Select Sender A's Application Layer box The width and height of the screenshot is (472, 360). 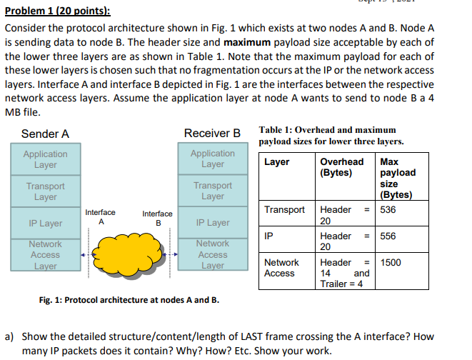click(46, 159)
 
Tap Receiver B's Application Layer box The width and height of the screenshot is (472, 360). click(212, 159)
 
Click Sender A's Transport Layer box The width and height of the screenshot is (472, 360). click(46, 191)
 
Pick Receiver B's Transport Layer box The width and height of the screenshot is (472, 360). click(212, 191)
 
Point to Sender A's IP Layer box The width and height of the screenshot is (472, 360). click(46, 224)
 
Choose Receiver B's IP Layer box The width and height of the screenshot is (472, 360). click(212, 223)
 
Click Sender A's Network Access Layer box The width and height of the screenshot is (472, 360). click(46, 255)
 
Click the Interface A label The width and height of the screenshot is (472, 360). click(100, 216)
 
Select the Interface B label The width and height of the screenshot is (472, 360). click(157, 218)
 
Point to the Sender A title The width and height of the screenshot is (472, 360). click(45, 134)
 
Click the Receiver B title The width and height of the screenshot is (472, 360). click(212, 134)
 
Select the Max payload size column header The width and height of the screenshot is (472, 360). click(398, 178)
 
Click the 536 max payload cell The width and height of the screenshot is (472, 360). click(389, 209)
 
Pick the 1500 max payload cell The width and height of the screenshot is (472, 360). click(392, 262)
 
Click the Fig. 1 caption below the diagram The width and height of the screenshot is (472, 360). click(129, 299)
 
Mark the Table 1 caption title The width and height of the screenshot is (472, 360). click(328, 136)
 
